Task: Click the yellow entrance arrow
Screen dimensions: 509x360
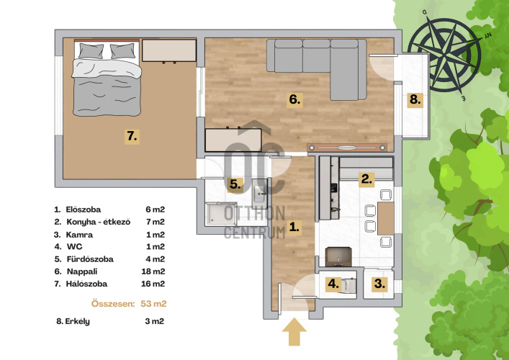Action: pyautogui.click(x=294, y=332)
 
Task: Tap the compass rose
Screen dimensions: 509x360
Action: pyautogui.click(x=444, y=55)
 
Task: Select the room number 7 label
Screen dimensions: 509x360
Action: pyautogui.click(x=132, y=137)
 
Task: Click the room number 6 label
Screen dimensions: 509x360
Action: pyautogui.click(x=294, y=100)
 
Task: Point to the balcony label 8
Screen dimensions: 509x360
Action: pyautogui.click(x=415, y=100)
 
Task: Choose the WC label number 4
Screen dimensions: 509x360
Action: pyautogui.click(x=333, y=284)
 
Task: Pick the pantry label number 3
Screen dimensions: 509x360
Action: pyautogui.click(x=379, y=284)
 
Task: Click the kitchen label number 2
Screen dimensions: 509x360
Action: pyautogui.click(x=366, y=179)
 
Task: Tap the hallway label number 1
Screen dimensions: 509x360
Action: pyautogui.click(x=294, y=228)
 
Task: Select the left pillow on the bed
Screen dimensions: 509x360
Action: pyautogui.click(x=91, y=51)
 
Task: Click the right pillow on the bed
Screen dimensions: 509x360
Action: pyautogui.click(x=122, y=51)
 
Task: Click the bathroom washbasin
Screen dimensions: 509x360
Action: pyautogui.click(x=259, y=194)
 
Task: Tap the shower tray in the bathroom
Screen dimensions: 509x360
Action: pyautogui.click(x=221, y=214)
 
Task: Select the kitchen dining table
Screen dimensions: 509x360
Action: pyautogui.click(x=386, y=218)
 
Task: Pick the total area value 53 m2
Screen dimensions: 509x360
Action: pyautogui.click(x=153, y=304)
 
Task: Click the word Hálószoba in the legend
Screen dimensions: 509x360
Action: pyautogui.click(x=86, y=284)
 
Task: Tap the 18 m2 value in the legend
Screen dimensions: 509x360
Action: pyautogui.click(x=153, y=271)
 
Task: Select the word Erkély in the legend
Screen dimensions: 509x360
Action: pyautogui.click(x=78, y=322)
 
